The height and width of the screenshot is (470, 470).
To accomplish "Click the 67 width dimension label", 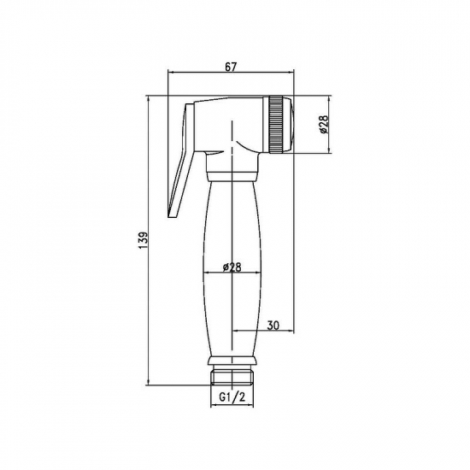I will click(232, 66).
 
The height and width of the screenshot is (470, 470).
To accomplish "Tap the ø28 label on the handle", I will click(231, 267).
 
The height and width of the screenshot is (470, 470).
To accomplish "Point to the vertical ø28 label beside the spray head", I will click(323, 126).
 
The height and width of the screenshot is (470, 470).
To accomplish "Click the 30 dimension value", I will click(273, 325).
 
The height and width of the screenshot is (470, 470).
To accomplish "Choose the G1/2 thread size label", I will click(231, 398).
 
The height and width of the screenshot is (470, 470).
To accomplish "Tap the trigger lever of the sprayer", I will click(181, 162).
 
